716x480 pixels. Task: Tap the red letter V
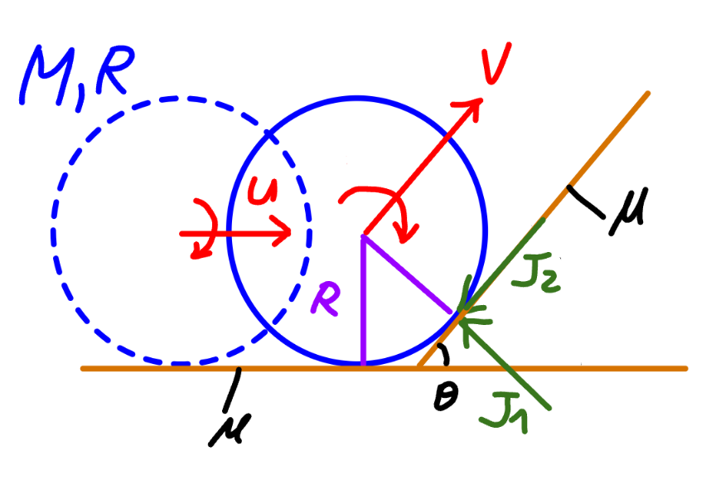pos(496,63)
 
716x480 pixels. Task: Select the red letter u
pos(263,190)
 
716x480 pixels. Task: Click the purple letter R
pos(325,298)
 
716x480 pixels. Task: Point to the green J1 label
pos(504,415)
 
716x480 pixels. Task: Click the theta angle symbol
pos(445,396)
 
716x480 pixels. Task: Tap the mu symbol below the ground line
pos(230,429)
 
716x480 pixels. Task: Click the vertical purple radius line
pos(363,300)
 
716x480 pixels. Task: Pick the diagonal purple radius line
pos(408,274)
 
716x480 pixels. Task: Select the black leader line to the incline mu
pos(586,201)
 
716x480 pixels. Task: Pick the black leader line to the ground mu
pos(231,389)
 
